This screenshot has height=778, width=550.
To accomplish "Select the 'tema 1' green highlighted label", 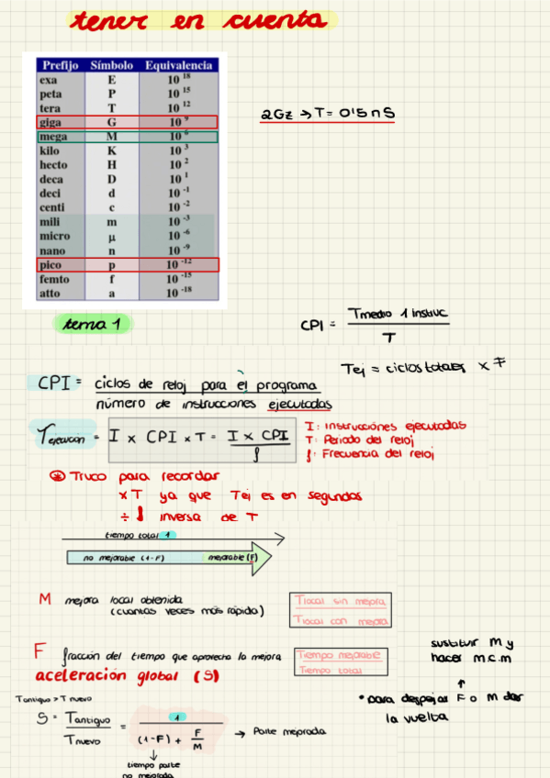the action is pyautogui.click(x=93, y=324).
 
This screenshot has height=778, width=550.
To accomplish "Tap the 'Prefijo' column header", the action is pyautogui.click(x=60, y=66).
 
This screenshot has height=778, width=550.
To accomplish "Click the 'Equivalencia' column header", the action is pyautogui.click(x=179, y=66).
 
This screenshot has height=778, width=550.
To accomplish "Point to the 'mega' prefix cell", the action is pyautogui.click(x=51, y=137).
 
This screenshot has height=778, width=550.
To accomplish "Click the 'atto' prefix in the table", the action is pyautogui.click(x=50, y=294).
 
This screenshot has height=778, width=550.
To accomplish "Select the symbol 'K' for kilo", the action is pyautogui.click(x=112, y=150).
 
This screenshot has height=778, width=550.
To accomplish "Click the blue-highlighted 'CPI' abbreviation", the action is pyautogui.click(x=55, y=383).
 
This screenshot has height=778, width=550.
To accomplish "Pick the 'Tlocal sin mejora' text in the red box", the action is pyautogui.click(x=340, y=601).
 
